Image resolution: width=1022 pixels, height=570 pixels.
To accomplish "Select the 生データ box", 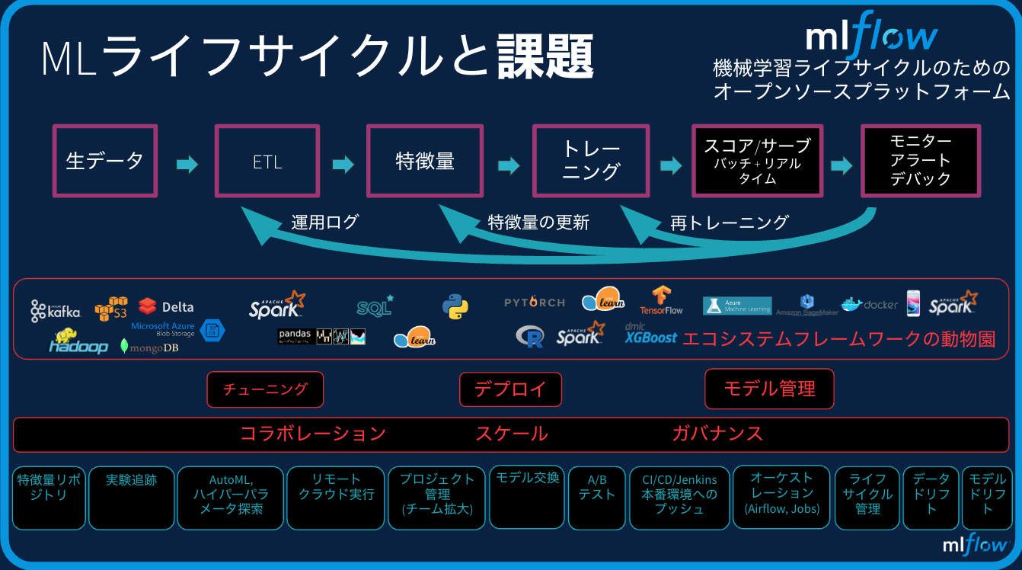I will (x=104, y=162).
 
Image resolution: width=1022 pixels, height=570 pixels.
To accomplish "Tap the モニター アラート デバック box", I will (x=920, y=161).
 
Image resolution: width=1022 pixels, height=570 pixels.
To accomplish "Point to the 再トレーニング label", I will (x=729, y=223).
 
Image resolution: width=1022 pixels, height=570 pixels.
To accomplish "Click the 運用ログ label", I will (x=324, y=223).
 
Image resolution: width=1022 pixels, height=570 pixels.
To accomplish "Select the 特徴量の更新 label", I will (x=538, y=223).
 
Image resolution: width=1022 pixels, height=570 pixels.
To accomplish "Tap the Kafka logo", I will (x=56, y=310).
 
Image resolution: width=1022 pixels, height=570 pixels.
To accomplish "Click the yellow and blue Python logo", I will (x=455, y=306).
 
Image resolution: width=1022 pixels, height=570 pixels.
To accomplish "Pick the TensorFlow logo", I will (x=661, y=300).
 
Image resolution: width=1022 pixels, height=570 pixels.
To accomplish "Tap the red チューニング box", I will (x=265, y=389).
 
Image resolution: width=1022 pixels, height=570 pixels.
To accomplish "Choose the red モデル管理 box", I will (x=769, y=389).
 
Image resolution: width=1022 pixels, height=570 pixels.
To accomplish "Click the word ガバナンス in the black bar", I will (x=717, y=434).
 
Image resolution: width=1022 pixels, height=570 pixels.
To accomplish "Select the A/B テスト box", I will (x=596, y=497).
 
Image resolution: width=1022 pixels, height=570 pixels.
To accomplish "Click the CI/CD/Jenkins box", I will (x=679, y=497).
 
